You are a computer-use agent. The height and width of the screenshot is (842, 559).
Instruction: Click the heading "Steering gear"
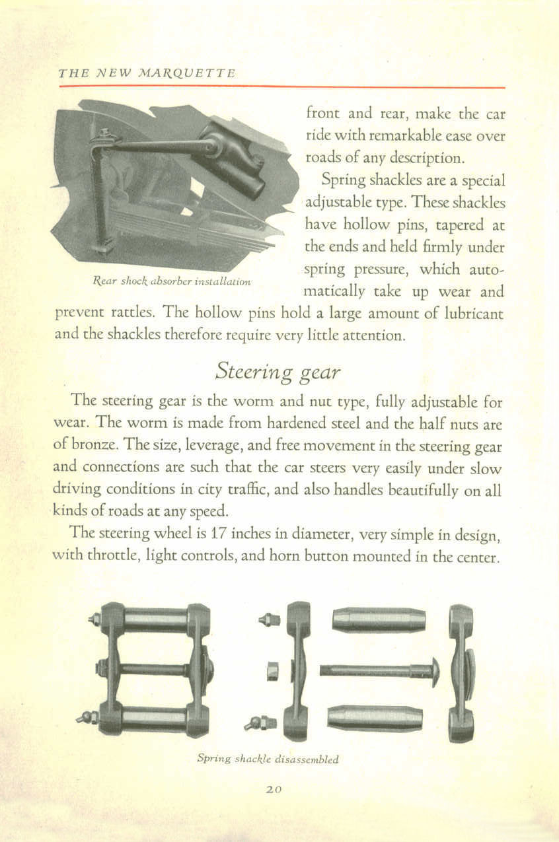click(x=278, y=372)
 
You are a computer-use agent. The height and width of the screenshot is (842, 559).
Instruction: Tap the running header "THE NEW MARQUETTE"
click(x=147, y=73)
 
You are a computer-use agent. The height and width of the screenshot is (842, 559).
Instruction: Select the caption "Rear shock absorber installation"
click(x=169, y=281)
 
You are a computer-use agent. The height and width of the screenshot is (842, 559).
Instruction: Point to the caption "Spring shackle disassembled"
click(x=268, y=759)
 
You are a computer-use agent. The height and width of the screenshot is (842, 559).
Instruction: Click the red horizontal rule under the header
click(x=281, y=87)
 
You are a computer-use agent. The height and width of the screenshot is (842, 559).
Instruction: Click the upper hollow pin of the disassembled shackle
click(x=379, y=619)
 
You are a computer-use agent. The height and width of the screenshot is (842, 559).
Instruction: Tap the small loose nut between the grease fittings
click(x=272, y=672)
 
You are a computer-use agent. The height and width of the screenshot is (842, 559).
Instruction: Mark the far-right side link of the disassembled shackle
click(x=461, y=672)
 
